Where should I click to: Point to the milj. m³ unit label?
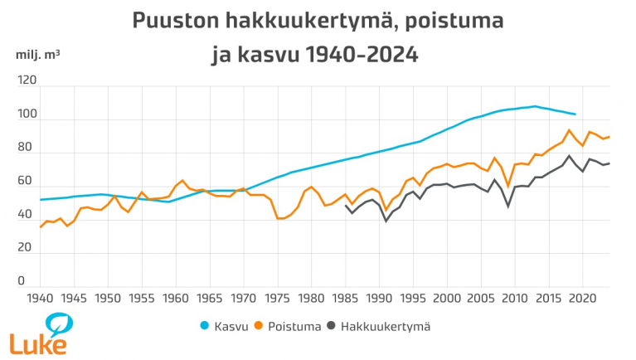point(37,56)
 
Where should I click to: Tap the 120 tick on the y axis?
point(26,81)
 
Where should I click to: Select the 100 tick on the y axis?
point(26,115)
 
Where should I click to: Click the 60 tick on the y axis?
point(27,181)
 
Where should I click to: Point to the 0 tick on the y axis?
point(32,281)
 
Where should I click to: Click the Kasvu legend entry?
point(227,326)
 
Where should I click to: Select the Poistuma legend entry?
point(294,326)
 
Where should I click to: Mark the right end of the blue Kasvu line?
point(575,114)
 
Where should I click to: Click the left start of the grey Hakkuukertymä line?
point(346,205)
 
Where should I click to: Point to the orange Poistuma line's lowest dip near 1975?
point(279,218)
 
